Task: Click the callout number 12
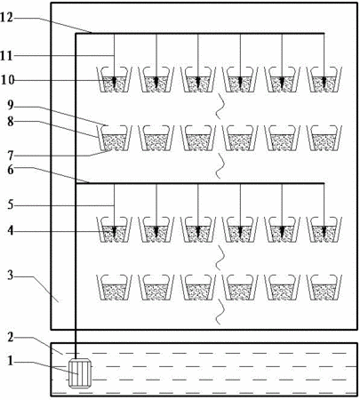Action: [x=7, y=18]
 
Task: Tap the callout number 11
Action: [x=7, y=55]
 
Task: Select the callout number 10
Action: [x=7, y=80]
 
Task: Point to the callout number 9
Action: [x=11, y=105]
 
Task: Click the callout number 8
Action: [x=11, y=121]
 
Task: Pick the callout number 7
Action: [x=11, y=155]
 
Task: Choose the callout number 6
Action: [x=11, y=170]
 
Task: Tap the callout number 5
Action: [x=11, y=205]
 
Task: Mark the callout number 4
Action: [x=11, y=231]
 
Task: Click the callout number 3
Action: [x=11, y=276]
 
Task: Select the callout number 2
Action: [x=11, y=337]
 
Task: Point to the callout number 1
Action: [x=11, y=361]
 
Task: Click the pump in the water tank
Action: [x=79, y=373]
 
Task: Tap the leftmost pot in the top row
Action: [x=115, y=79]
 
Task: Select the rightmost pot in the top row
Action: [x=324, y=79]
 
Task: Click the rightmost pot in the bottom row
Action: [x=324, y=288]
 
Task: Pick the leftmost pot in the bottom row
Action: [x=115, y=288]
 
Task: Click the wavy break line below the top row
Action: [x=219, y=106]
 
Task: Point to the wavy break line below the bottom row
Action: [x=219, y=311]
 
